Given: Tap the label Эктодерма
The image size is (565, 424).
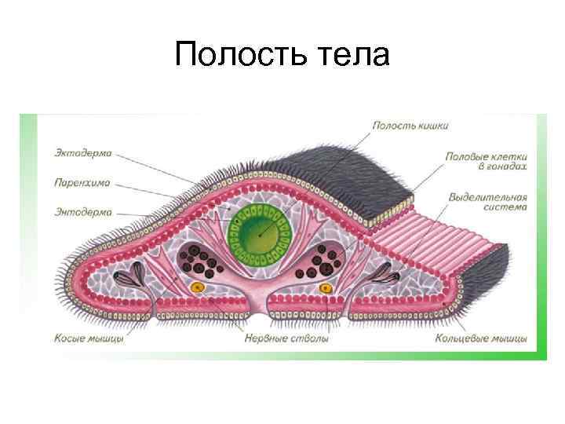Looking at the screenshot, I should (x=84, y=152).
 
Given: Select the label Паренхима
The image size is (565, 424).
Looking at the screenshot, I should (x=82, y=182).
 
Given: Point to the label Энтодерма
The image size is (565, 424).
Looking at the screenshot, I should (x=83, y=211).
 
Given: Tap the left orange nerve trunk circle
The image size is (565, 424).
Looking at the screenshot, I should (x=198, y=287).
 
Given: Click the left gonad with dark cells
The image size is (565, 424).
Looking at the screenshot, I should (x=201, y=261).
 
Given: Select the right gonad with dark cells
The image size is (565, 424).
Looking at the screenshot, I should (x=323, y=261).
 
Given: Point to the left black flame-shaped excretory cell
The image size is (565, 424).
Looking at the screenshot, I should (x=126, y=275).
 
